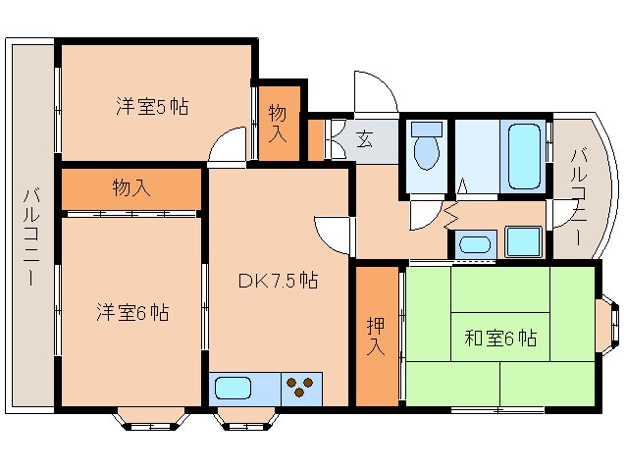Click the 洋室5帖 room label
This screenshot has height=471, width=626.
click(150, 106)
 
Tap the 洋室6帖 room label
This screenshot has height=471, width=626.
click(131, 313)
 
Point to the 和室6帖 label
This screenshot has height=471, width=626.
click(499, 339)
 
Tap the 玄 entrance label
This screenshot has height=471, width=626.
click(363, 138)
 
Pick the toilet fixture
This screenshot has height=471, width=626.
click(426, 149)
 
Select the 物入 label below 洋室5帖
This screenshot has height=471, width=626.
click(130, 186)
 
